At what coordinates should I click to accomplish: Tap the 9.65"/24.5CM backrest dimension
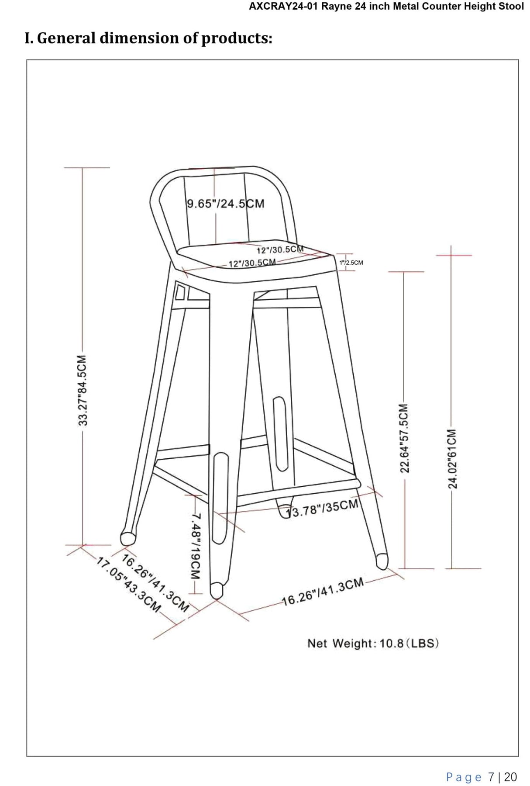tap(225, 204)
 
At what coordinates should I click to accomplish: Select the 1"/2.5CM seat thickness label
tap(351, 263)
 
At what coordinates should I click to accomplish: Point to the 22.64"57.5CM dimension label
tap(405, 438)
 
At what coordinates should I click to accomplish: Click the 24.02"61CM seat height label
tap(452, 459)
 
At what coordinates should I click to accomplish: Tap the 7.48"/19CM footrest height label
tap(196, 546)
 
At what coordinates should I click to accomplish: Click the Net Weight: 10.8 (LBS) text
tap(373, 644)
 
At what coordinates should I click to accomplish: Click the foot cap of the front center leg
tap(216, 591)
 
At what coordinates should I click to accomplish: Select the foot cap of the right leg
tap(382, 561)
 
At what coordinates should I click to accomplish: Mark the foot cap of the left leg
tap(127, 539)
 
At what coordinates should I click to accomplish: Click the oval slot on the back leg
tap(280, 433)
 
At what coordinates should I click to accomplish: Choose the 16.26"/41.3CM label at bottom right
tap(323, 592)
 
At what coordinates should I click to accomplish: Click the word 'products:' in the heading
tap(237, 38)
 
